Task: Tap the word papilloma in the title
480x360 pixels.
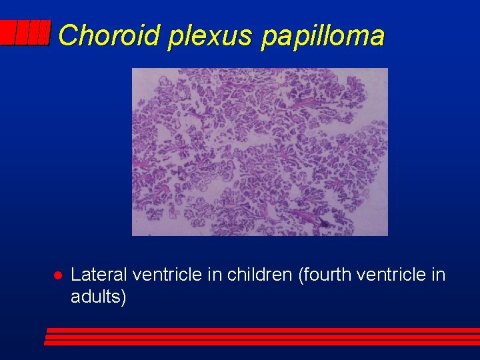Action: (323, 36)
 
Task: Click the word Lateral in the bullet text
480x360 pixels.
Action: (99, 275)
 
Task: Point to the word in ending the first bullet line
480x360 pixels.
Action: (438, 275)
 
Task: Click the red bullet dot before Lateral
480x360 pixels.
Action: (57, 275)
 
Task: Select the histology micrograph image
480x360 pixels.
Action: (259, 151)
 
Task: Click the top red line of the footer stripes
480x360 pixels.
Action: (263, 330)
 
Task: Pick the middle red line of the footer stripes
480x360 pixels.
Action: (262, 337)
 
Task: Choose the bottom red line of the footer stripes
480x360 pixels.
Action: (261, 343)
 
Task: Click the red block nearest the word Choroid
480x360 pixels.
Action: (44, 33)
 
